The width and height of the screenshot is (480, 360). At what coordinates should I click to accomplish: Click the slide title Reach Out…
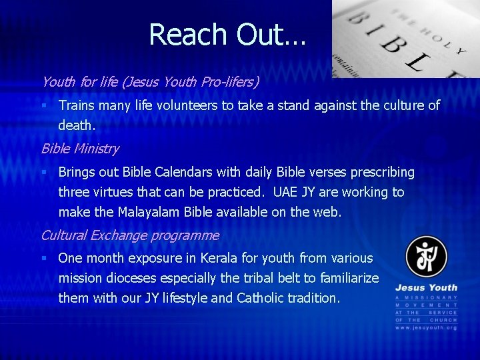pyautogui.click(x=227, y=35)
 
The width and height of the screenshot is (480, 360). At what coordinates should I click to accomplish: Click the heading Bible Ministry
pyautogui.click(x=80, y=149)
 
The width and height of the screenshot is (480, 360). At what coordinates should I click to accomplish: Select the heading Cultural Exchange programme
pyautogui.click(x=130, y=235)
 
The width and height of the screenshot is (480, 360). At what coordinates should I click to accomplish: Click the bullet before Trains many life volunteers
pyautogui.click(x=43, y=105)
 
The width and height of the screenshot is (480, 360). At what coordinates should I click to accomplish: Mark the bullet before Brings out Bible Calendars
pyautogui.click(x=43, y=173)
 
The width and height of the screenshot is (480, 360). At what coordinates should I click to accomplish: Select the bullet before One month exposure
pyautogui.click(x=43, y=258)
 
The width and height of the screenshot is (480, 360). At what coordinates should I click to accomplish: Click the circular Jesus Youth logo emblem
pyautogui.click(x=426, y=257)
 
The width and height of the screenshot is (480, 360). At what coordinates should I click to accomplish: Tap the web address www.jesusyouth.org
pyautogui.click(x=426, y=328)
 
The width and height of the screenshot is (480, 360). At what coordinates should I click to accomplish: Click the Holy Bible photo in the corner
pyautogui.click(x=405, y=39)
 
